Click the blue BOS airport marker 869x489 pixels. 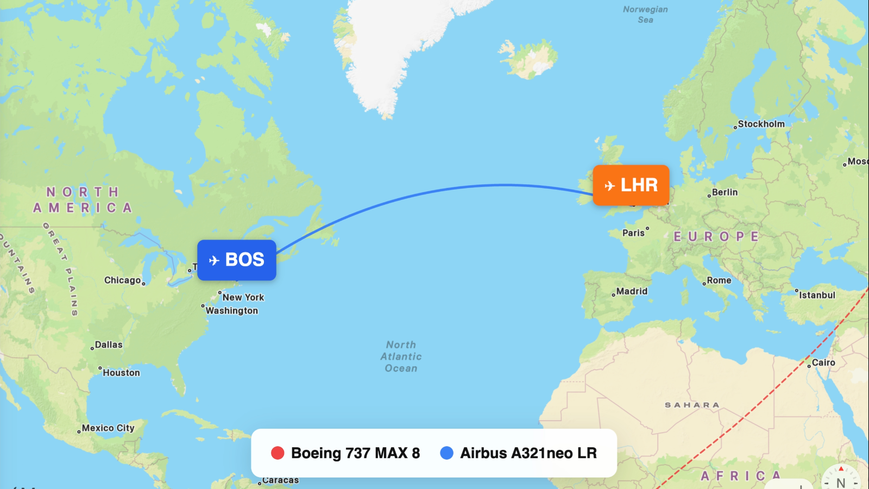click(237, 260)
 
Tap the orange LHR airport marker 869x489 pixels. click(631, 185)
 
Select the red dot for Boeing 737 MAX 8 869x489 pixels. click(278, 453)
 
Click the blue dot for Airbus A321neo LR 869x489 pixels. click(446, 453)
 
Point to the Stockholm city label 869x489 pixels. click(761, 124)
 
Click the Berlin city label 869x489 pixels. click(725, 192)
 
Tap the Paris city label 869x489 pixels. click(633, 233)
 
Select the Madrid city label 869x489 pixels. click(632, 291)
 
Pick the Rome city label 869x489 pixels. click(719, 280)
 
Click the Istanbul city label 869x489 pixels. click(817, 295)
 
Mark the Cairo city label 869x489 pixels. click(823, 362)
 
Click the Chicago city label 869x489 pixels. click(123, 280)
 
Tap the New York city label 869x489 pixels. click(243, 297)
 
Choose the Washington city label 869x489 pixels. click(231, 311)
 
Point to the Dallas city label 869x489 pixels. click(109, 344)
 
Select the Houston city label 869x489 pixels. click(121, 373)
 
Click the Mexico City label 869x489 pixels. click(108, 428)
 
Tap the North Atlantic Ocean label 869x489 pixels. click(401, 356)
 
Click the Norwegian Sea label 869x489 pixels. click(645, 14)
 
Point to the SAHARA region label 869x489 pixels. click(692, 405)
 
